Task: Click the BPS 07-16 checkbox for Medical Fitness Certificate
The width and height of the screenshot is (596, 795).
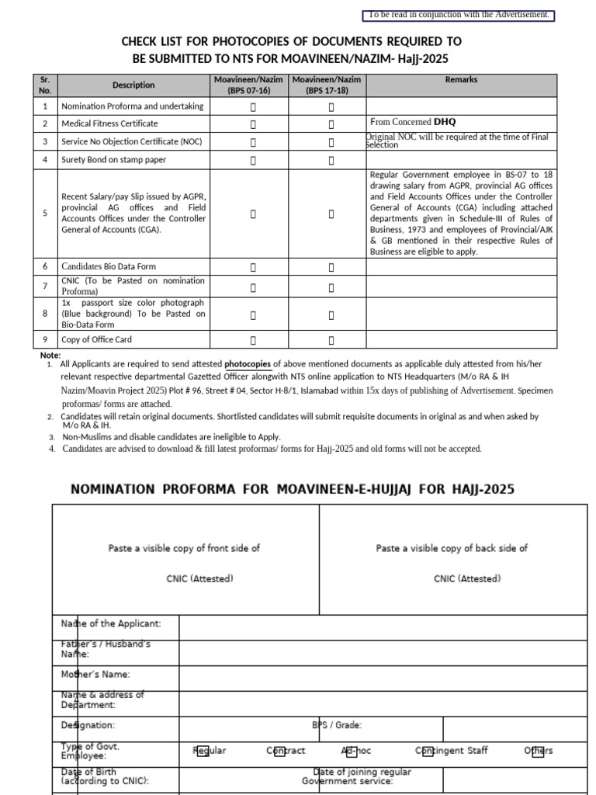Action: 252,124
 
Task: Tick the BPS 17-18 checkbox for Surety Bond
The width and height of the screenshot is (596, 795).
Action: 331,161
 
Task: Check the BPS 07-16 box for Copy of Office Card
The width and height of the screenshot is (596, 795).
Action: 252,340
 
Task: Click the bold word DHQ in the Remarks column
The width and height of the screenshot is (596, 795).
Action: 445,122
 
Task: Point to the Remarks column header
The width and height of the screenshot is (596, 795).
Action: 461,80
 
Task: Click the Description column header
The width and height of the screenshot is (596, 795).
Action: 133,85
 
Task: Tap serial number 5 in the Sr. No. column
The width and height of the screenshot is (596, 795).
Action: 45,214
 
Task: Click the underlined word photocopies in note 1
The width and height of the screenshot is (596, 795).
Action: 248,364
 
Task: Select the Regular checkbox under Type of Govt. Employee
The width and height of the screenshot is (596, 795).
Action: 203,751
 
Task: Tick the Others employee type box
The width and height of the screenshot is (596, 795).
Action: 537,751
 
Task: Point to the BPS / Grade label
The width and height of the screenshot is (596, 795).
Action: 337,725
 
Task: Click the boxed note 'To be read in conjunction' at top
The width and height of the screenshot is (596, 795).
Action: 459,15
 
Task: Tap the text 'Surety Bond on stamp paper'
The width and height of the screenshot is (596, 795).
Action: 113,160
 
